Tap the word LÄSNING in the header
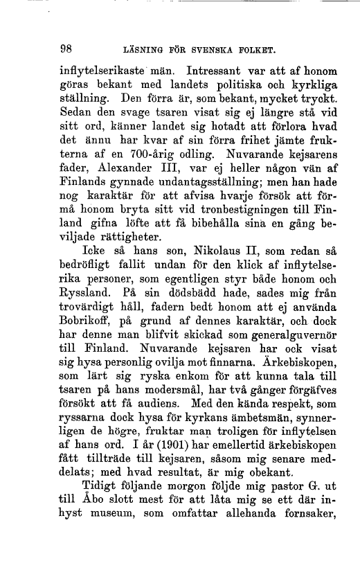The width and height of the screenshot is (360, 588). [143, 51]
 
